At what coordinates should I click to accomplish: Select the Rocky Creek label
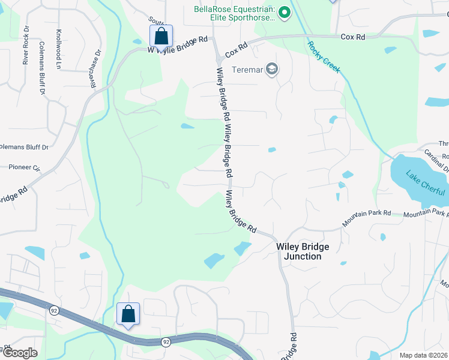pos(324,56)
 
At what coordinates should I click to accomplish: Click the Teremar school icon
pos(273,69)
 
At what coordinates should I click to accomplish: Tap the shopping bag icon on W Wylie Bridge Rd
pos(161,35)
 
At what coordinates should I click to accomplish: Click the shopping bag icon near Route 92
pos(128,313)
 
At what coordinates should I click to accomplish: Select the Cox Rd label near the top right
pos(353,37)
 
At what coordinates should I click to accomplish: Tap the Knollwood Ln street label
pos(58,49)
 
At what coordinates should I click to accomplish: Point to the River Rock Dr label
pos(25,44)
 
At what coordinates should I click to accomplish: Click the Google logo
pos(20,353)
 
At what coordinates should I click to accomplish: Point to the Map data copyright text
pos(423,355)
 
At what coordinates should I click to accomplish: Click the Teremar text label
pos(247,69)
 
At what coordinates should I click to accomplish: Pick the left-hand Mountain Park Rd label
pos(367,217)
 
